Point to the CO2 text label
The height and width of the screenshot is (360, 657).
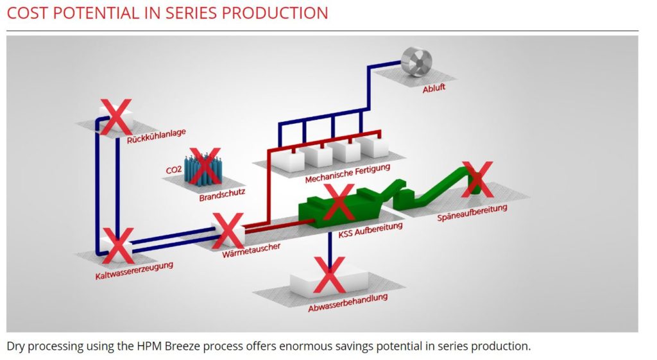pyautogui.click(x=174, y=169)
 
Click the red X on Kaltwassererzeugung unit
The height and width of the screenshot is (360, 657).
pyautogui.click(x=118, y=246)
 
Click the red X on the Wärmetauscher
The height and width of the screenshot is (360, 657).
pyautogui.click(x=228, y=231)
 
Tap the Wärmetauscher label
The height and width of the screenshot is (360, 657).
pyautogui.click(x=251, y=248)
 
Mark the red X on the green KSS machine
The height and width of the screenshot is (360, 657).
pyautogui.click(x=338, y=202)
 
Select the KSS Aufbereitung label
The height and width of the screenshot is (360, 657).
pyautogui.click(x=370, y=230)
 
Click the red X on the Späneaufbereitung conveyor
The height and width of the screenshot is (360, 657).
pyautogui.click(x=477, y=179)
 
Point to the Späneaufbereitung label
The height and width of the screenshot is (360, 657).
pyautogui.click(x=472, y=212)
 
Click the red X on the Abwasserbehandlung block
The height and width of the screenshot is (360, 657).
pyautogui.click(x=329, y=274)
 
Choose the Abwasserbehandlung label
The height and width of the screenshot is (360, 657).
pyautogui.click(x=348, y=303)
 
